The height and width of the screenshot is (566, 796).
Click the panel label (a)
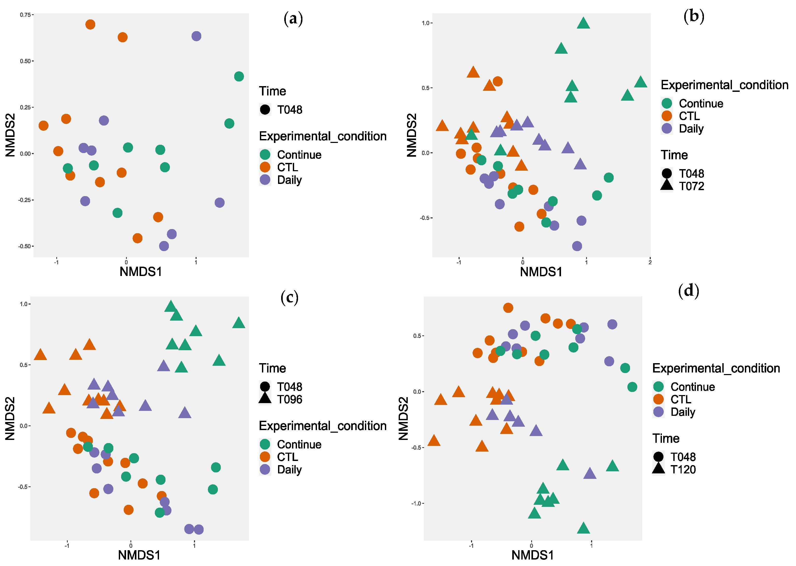(x=293, y=18)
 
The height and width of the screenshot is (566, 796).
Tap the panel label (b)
(x=694, y=16)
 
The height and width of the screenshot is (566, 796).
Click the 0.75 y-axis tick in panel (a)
(x=25, y=15)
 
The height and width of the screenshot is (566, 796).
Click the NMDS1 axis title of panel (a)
(x=141, y=272)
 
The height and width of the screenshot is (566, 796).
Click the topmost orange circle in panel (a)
(x=90, y=24)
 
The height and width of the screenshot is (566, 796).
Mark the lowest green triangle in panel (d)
(x=583, y=529)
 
